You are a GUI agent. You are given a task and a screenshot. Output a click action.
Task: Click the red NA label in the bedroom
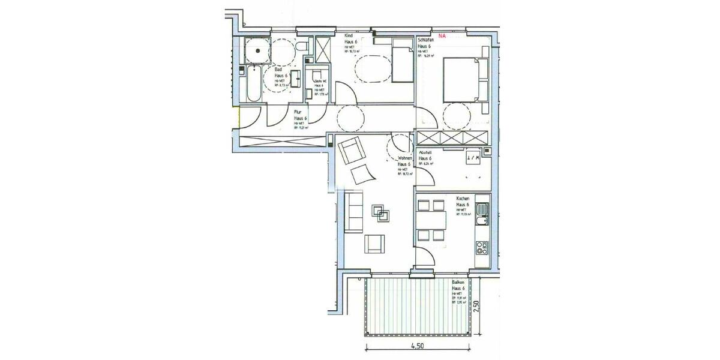(443, 35)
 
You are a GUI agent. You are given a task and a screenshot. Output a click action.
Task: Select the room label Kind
(347, 35)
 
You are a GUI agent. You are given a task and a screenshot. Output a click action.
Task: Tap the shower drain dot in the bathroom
(257, 50)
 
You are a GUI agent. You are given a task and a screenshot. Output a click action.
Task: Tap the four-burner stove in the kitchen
(481, 247)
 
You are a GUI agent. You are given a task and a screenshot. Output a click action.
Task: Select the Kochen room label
(462, 199)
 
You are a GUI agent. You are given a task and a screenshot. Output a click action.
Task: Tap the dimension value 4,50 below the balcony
(418, 346)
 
